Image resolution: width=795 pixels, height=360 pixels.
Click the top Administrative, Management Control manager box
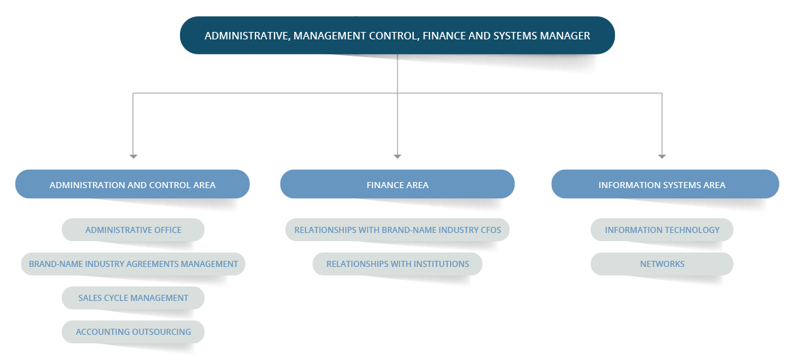pyautogui.click(x=397, y=35)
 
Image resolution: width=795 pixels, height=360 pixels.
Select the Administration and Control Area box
pyautogui.click(x=132, y=184)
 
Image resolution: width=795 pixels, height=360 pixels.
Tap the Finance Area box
pyautogui.click(x=397, y=184)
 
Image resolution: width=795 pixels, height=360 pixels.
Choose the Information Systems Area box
pyautogui.click(x=665, y=184)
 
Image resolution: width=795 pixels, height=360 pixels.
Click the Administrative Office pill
pyautogui.click(x=133, y=230)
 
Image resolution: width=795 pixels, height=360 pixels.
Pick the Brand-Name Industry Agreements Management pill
pyautogui.click(x=133, y=264)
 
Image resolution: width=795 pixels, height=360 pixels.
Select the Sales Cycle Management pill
pyautogui.click(x=133, y=298)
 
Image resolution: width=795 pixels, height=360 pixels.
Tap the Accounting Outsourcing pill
pyautogui.click(x=133, y=331)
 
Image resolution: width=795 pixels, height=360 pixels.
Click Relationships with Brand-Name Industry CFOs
pyautogui.click(x=397, y=230)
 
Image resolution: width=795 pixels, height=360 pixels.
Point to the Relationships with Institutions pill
pyautogui.click(x=397, y=264)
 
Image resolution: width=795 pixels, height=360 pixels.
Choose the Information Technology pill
pyautogui.click(x=662, y=230)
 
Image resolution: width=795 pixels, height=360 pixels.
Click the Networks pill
pyautogui.click(x=662, y=264)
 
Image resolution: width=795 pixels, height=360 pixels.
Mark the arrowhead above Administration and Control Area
pyautogui.click(x=133, y=157)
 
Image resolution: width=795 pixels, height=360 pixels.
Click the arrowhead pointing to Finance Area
pyautogui.click(x=397, y=157)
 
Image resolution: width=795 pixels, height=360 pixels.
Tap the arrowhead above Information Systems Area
pyautogui.click(x=662, y=157)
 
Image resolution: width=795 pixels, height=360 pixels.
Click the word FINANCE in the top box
pyautogui.click(x=441, y=35)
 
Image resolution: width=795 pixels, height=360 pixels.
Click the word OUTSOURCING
pyautogui.click(x=162, y=331)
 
